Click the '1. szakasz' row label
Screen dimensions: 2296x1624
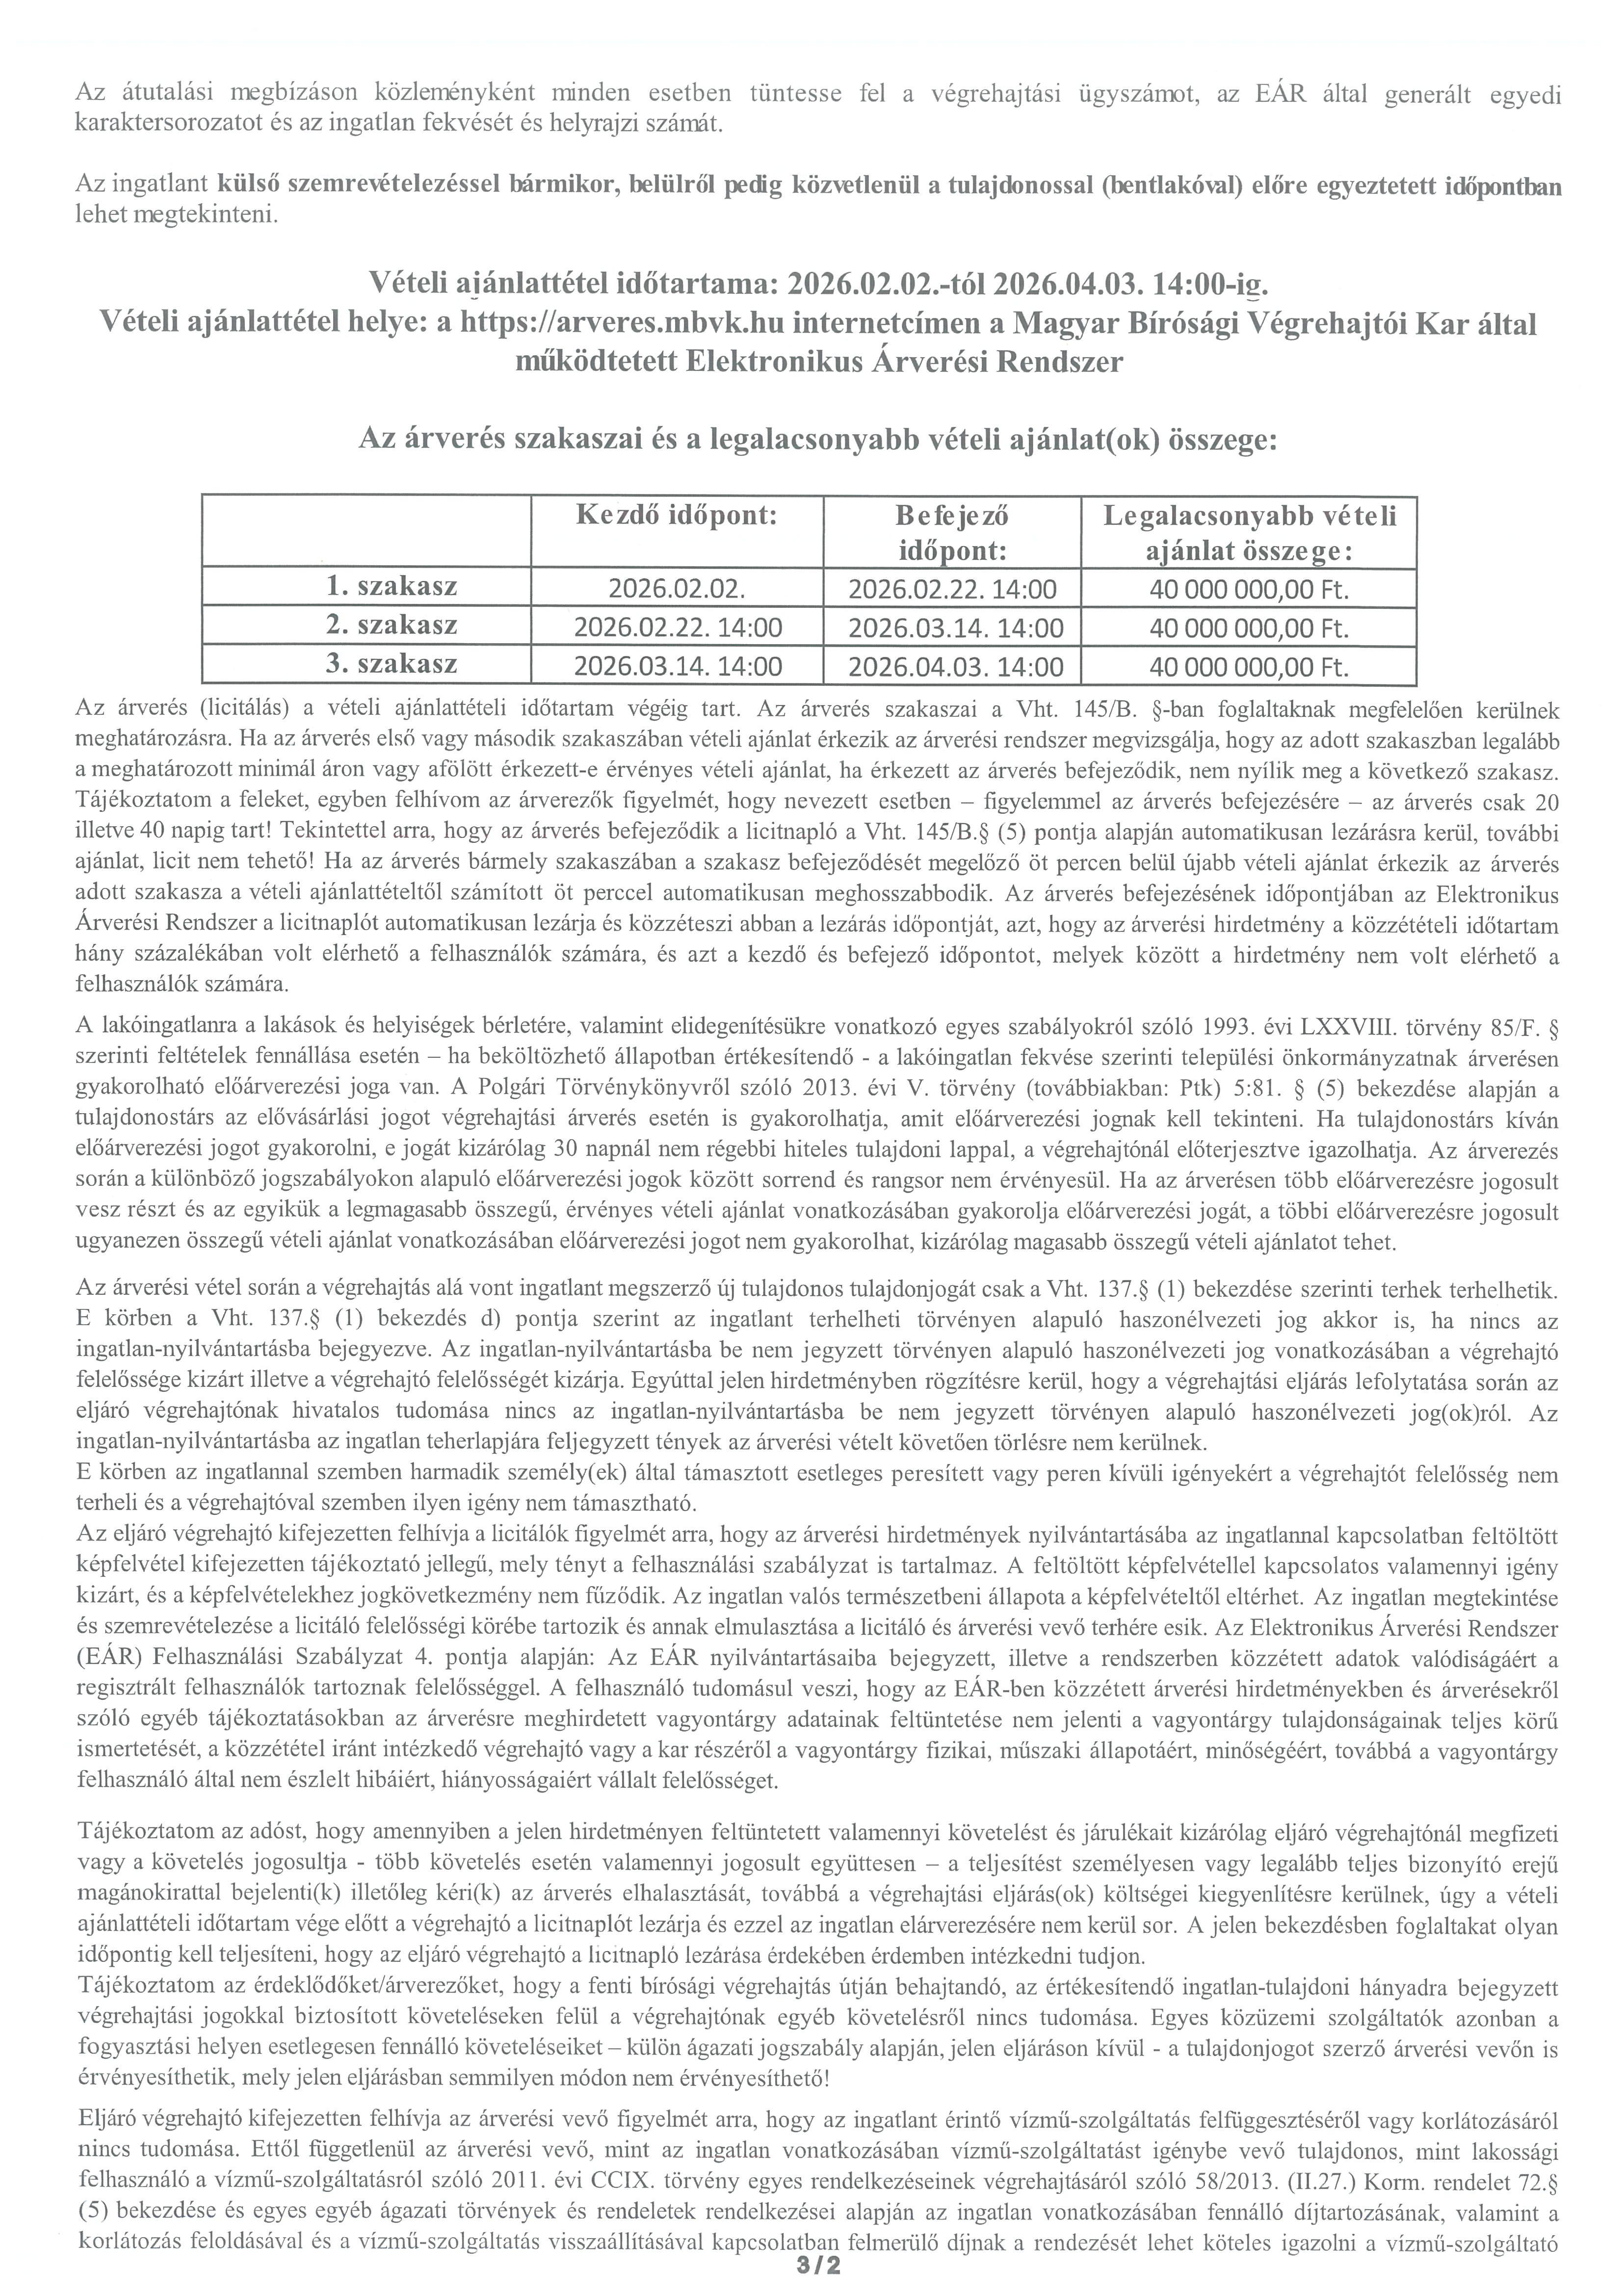pos(392,587)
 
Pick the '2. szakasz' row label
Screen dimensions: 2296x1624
pos(392,626)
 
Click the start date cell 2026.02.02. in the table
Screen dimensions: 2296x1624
pos(677,589)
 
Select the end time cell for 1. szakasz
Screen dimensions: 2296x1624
pos(951,589)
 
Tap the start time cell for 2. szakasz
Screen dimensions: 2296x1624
pos(677,628)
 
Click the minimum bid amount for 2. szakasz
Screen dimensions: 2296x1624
pos(1249,628)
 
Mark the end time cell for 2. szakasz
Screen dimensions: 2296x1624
pos(951,628)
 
